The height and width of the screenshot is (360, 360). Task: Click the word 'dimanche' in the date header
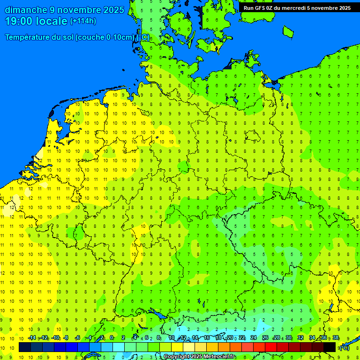26,10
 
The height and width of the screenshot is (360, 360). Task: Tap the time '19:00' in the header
18,21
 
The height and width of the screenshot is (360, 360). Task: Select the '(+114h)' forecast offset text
84,21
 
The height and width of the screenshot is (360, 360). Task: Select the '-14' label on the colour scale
32,338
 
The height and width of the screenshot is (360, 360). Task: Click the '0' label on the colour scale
112,338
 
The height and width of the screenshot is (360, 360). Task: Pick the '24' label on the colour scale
254,338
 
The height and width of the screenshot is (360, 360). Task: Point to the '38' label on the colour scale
336,338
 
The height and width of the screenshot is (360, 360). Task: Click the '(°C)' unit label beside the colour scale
344,347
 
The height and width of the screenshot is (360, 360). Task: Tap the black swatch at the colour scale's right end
330,347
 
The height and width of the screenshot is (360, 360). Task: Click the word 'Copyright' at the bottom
177,357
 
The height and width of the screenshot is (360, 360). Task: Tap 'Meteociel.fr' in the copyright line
220,357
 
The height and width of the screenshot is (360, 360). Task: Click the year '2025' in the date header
113,10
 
